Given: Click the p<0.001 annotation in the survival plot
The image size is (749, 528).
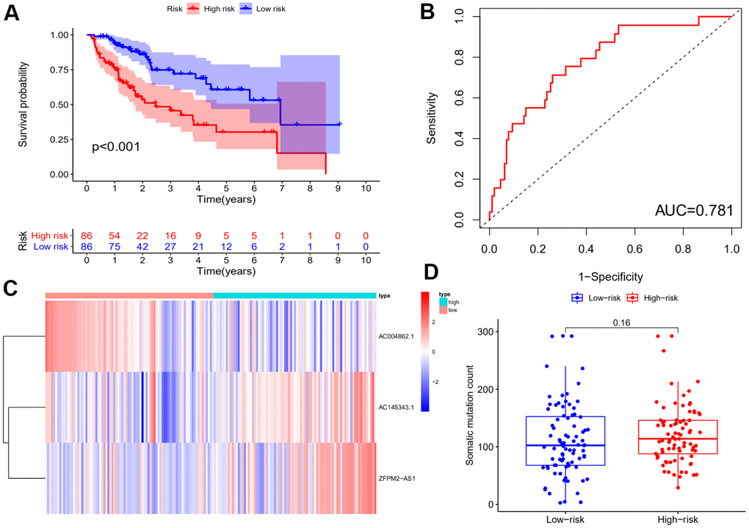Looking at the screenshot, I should point(116,147).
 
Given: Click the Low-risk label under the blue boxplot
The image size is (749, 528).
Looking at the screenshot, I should point(565,518).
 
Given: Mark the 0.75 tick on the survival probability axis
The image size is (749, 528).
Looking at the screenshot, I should point(63,70).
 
